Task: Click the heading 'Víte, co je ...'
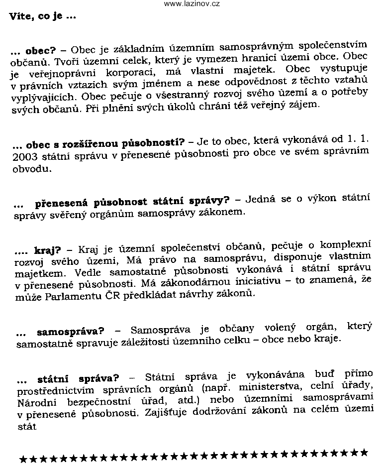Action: tap(42, 16)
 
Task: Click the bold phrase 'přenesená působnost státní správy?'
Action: tap(132, 202)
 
